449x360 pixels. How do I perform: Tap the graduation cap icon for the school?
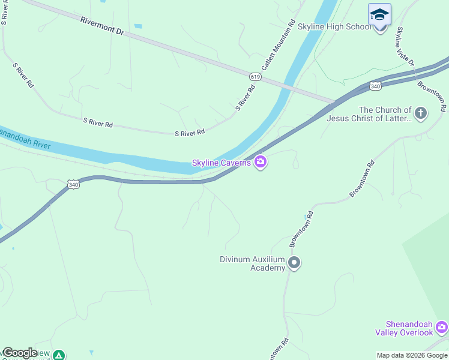(x=379, y=14)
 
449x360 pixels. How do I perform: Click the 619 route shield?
(x=255, y=77)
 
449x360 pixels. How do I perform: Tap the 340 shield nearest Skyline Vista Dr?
(x=375, y=86)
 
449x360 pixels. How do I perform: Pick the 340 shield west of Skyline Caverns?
(x=72, y=184)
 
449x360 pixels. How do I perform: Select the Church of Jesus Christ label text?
(x=369, y=114)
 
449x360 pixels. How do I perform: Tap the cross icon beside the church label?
(x=421, y=113)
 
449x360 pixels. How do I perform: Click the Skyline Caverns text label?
(x=221, y=163)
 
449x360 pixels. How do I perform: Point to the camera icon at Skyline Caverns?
(x=261, y=162)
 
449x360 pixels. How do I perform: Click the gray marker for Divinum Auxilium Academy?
(x=294, y=263)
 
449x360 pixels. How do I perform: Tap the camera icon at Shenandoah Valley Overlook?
(x=442, y=327)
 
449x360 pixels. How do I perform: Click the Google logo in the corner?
(x=19, y=353)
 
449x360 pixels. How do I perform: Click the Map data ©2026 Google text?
(x=412, y=355)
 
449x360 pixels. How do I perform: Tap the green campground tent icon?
(x=59, y=355)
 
